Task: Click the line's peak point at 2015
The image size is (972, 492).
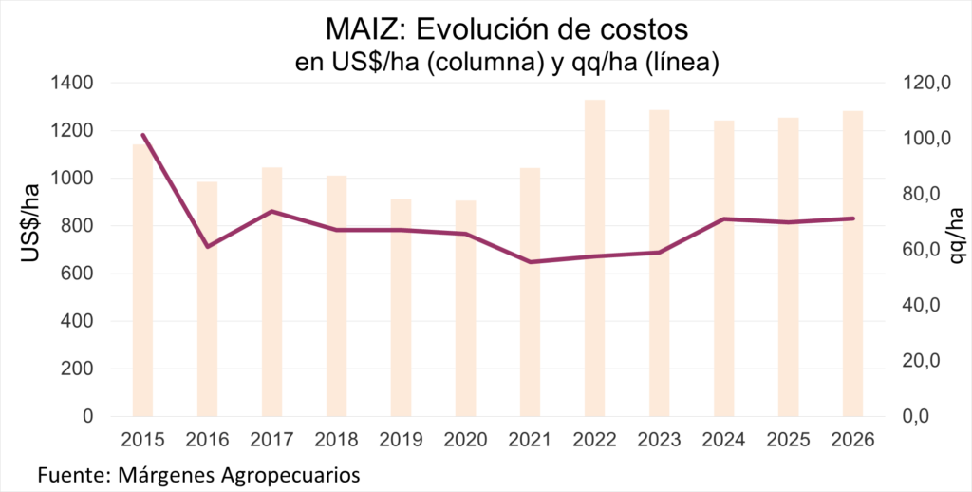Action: click(143, 135)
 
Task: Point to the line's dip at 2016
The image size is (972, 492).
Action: click(208, 247)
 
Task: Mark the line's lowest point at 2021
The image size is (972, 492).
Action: click(531, 262)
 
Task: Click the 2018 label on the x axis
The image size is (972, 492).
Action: click(336, 440)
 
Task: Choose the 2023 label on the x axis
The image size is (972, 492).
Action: click(660, 440)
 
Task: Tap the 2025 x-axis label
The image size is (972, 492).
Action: click(789, 440)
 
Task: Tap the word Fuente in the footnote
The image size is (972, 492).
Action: click(68, 473)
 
